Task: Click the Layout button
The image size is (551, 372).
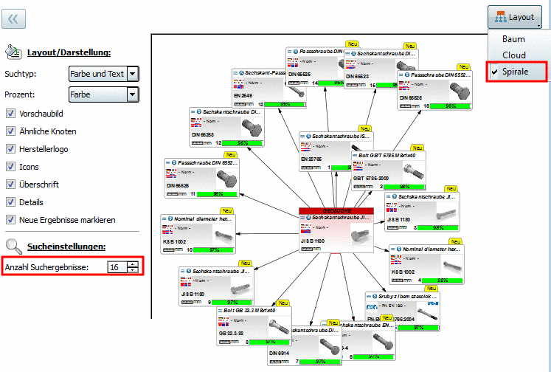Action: [515, 17]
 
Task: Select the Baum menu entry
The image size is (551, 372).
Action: [513, 38]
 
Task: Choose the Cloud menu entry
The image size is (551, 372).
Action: [513, 55]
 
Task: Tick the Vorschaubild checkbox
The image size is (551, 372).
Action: [11, 114]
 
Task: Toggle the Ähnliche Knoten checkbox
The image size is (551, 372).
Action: [11, 131]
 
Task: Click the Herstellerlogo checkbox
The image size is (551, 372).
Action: [11, 149]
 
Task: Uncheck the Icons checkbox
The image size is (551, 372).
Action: [11, 167]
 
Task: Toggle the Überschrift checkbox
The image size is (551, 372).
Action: [11, 185]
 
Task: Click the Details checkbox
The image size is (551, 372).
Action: [11, 202]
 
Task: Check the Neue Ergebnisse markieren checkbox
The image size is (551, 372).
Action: [11, 220]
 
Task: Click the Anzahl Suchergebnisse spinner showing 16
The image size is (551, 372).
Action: [122, 266]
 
